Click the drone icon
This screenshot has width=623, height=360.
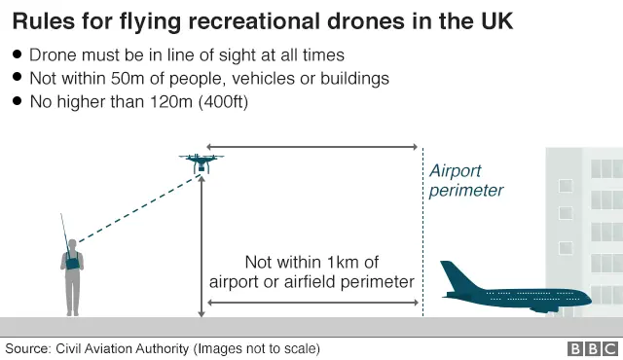pyautogui.click(x=202, y=162)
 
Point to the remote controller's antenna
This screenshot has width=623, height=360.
pyautogui.click(x=65, y=233)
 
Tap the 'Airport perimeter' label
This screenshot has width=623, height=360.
pyautogui.click(x=466, y=181)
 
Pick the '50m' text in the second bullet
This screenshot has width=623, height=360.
pyautogui.click(x=128, y=78)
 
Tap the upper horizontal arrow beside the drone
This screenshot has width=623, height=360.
pyautogui.click(x=311, y=147)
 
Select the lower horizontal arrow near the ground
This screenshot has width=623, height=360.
pyautogui.click(x=311, y=304)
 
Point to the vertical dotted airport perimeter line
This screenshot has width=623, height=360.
pyautogui.click(x=421, y=243)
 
